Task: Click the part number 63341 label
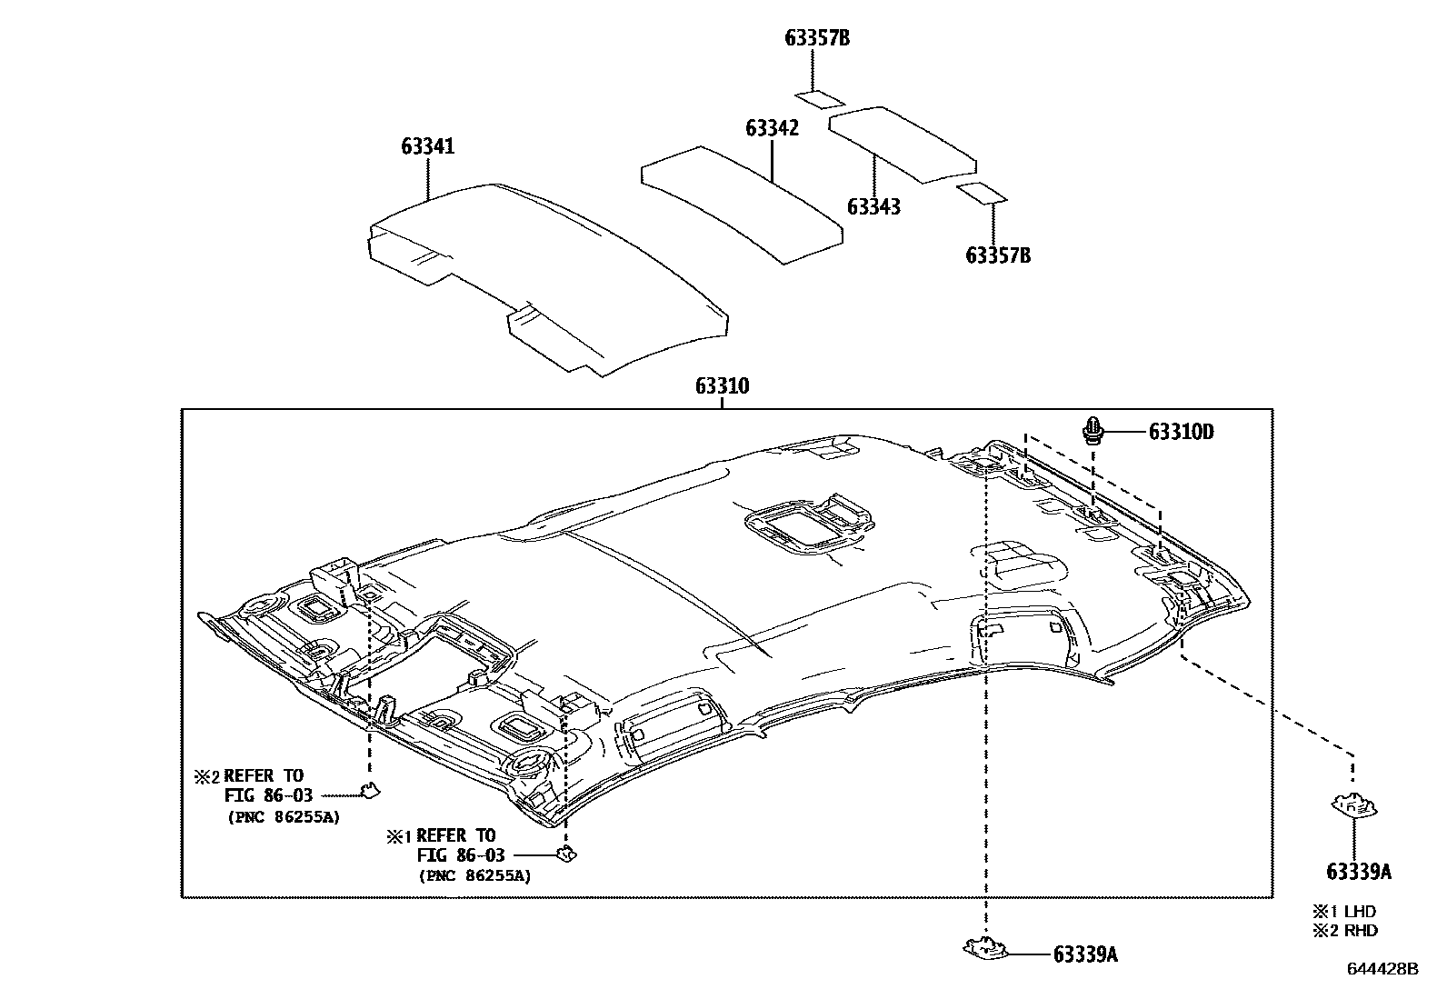point(427,146)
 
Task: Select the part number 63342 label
point(772,128)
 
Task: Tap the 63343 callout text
point(873,207)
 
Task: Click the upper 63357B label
point(817,38)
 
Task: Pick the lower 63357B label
point(998,255)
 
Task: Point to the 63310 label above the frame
point(722,386)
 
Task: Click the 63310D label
point(1181,432)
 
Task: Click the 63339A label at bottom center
point(1085,954)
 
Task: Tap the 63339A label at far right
point(1358,872)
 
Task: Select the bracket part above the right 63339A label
point(1353,805)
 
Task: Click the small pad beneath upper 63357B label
point(817,98)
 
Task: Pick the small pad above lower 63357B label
point(982,193)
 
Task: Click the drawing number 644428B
point(1382,970)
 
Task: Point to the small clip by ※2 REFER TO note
point(370,790)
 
